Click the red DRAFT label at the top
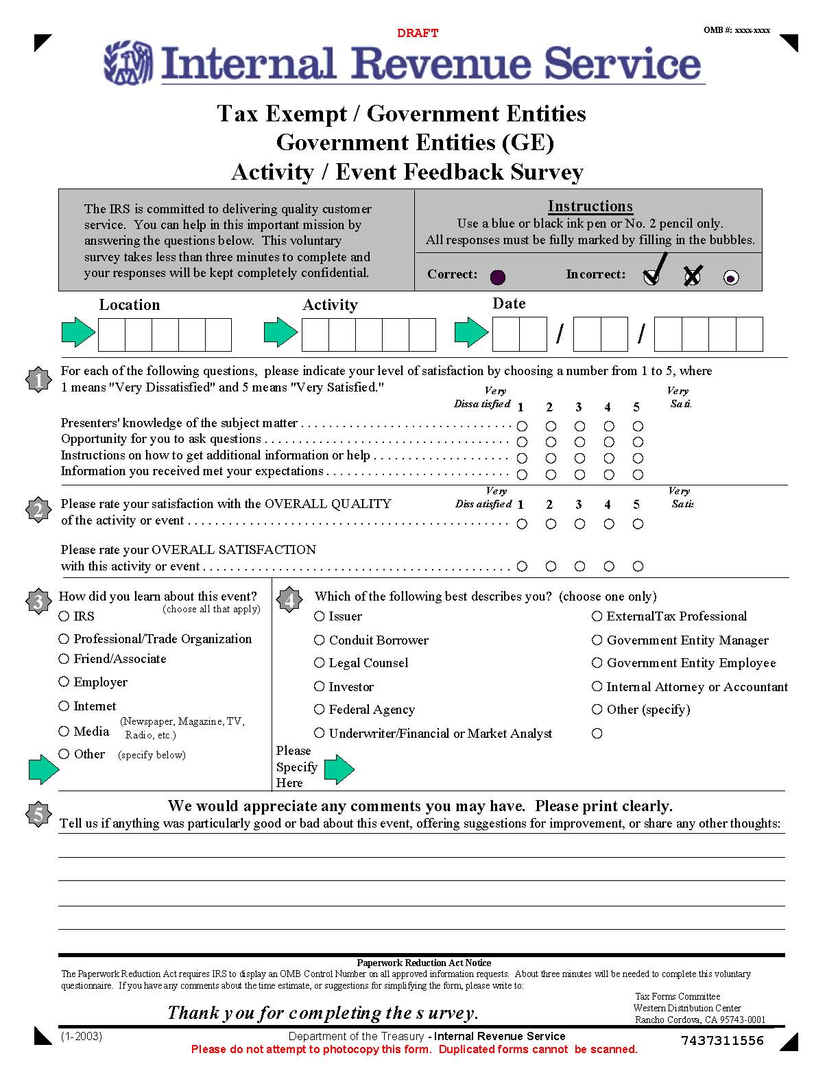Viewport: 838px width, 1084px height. click(x=418, y=33)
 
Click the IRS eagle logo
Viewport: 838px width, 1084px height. click(x=128, y=63)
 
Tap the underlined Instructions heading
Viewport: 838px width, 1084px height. click(x=590, y=206)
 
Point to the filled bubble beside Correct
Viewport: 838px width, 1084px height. click(x=498, y=277)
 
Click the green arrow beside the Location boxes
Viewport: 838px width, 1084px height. click(x=78, y=333)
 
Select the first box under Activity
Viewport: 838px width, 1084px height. click(x=315, y=335)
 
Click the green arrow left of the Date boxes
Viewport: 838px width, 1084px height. click(x=471, y=333)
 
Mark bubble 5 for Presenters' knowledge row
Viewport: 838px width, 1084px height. click(x=638, y=426)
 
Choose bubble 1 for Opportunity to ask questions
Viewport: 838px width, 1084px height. click(x=522, y=442)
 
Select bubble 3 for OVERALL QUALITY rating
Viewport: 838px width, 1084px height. click(x=580, y=524)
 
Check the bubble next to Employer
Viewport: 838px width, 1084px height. click(x=64, y=682)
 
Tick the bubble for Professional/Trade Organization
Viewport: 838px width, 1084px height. click(x=64, y=638)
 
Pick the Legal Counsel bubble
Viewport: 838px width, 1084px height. click(x=320, y=662)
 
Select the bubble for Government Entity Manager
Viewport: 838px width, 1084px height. click(x=597, y=640)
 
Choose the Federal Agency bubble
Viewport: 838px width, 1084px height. click(x=320, y=709)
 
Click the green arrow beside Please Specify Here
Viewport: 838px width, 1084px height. click(x=339, y=769)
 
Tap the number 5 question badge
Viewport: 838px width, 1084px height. click(x=38, y=814)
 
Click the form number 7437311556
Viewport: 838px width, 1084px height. click(x=722, y=1040)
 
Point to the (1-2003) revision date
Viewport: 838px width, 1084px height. click(x=82, y=1036)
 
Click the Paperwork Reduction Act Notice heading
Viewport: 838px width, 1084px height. click(x=424, y=963)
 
